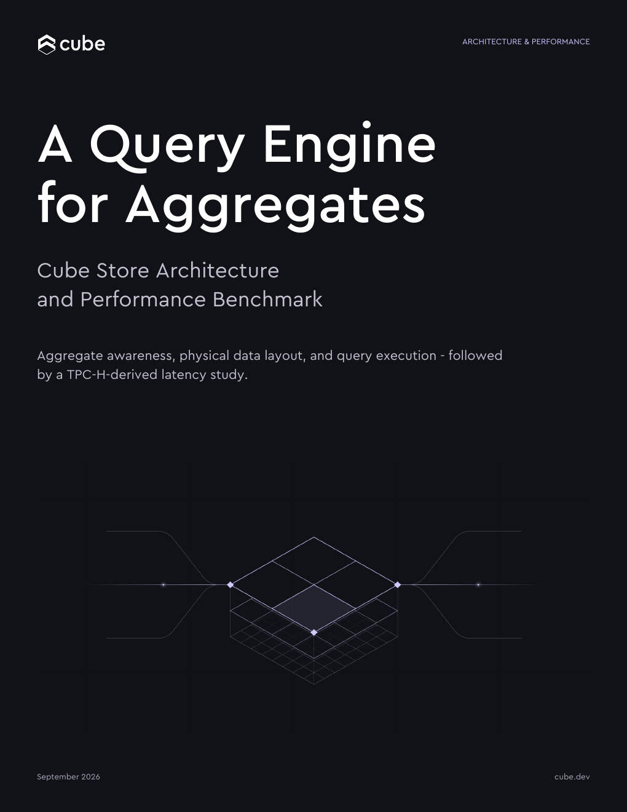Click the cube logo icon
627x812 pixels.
coord(47,44)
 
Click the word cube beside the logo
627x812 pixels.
coord(82,44)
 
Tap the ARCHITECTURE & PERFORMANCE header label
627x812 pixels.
coord(526,41)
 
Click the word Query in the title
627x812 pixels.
coord(167,147)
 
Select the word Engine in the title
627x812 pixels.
coord(350,146)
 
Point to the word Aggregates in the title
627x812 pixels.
coord(275,206)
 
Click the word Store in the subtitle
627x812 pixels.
coord(123,271)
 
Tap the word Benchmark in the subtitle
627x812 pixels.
coord(267,300)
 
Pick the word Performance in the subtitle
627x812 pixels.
coord(143,300)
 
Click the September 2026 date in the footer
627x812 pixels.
coord(68,776)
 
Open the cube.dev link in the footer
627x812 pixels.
coord(572,776)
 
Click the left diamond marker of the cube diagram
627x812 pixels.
coord(231,584)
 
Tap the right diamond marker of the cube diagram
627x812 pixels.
coord(397,584)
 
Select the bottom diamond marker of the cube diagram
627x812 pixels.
coord(314,632)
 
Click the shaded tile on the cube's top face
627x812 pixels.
coord(314,608)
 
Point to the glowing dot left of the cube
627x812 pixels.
coord(163,584)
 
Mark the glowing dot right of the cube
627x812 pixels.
coord(478,584)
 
